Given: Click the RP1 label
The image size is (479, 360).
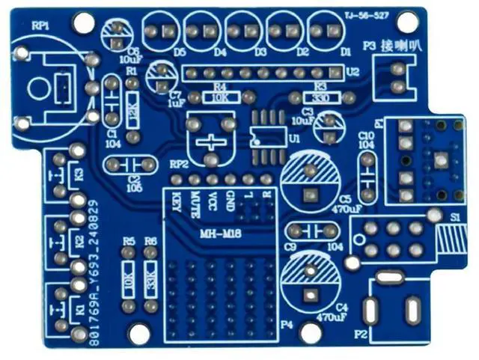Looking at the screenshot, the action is pos(40,25).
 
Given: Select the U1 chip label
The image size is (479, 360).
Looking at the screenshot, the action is pos(293,140).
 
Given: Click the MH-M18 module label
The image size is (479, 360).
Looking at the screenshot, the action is pos(216,235).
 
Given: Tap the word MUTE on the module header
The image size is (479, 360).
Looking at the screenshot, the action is pos(195,202).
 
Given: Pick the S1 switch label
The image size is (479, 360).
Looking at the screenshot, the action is pos(456,216).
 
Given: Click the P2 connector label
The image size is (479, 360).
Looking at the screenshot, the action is pos(361,334).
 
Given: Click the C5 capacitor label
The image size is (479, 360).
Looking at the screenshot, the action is pos(344,199).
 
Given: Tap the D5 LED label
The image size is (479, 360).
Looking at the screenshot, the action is pos(179,53).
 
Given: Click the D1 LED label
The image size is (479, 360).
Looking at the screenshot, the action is pos(345,53).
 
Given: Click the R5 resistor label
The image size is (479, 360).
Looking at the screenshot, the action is pos(129,241).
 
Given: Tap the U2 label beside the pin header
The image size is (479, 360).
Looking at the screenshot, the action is pos(353,71).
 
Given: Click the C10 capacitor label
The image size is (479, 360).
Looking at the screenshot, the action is pos(366,135).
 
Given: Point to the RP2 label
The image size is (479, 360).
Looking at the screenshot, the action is pos(178,163).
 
